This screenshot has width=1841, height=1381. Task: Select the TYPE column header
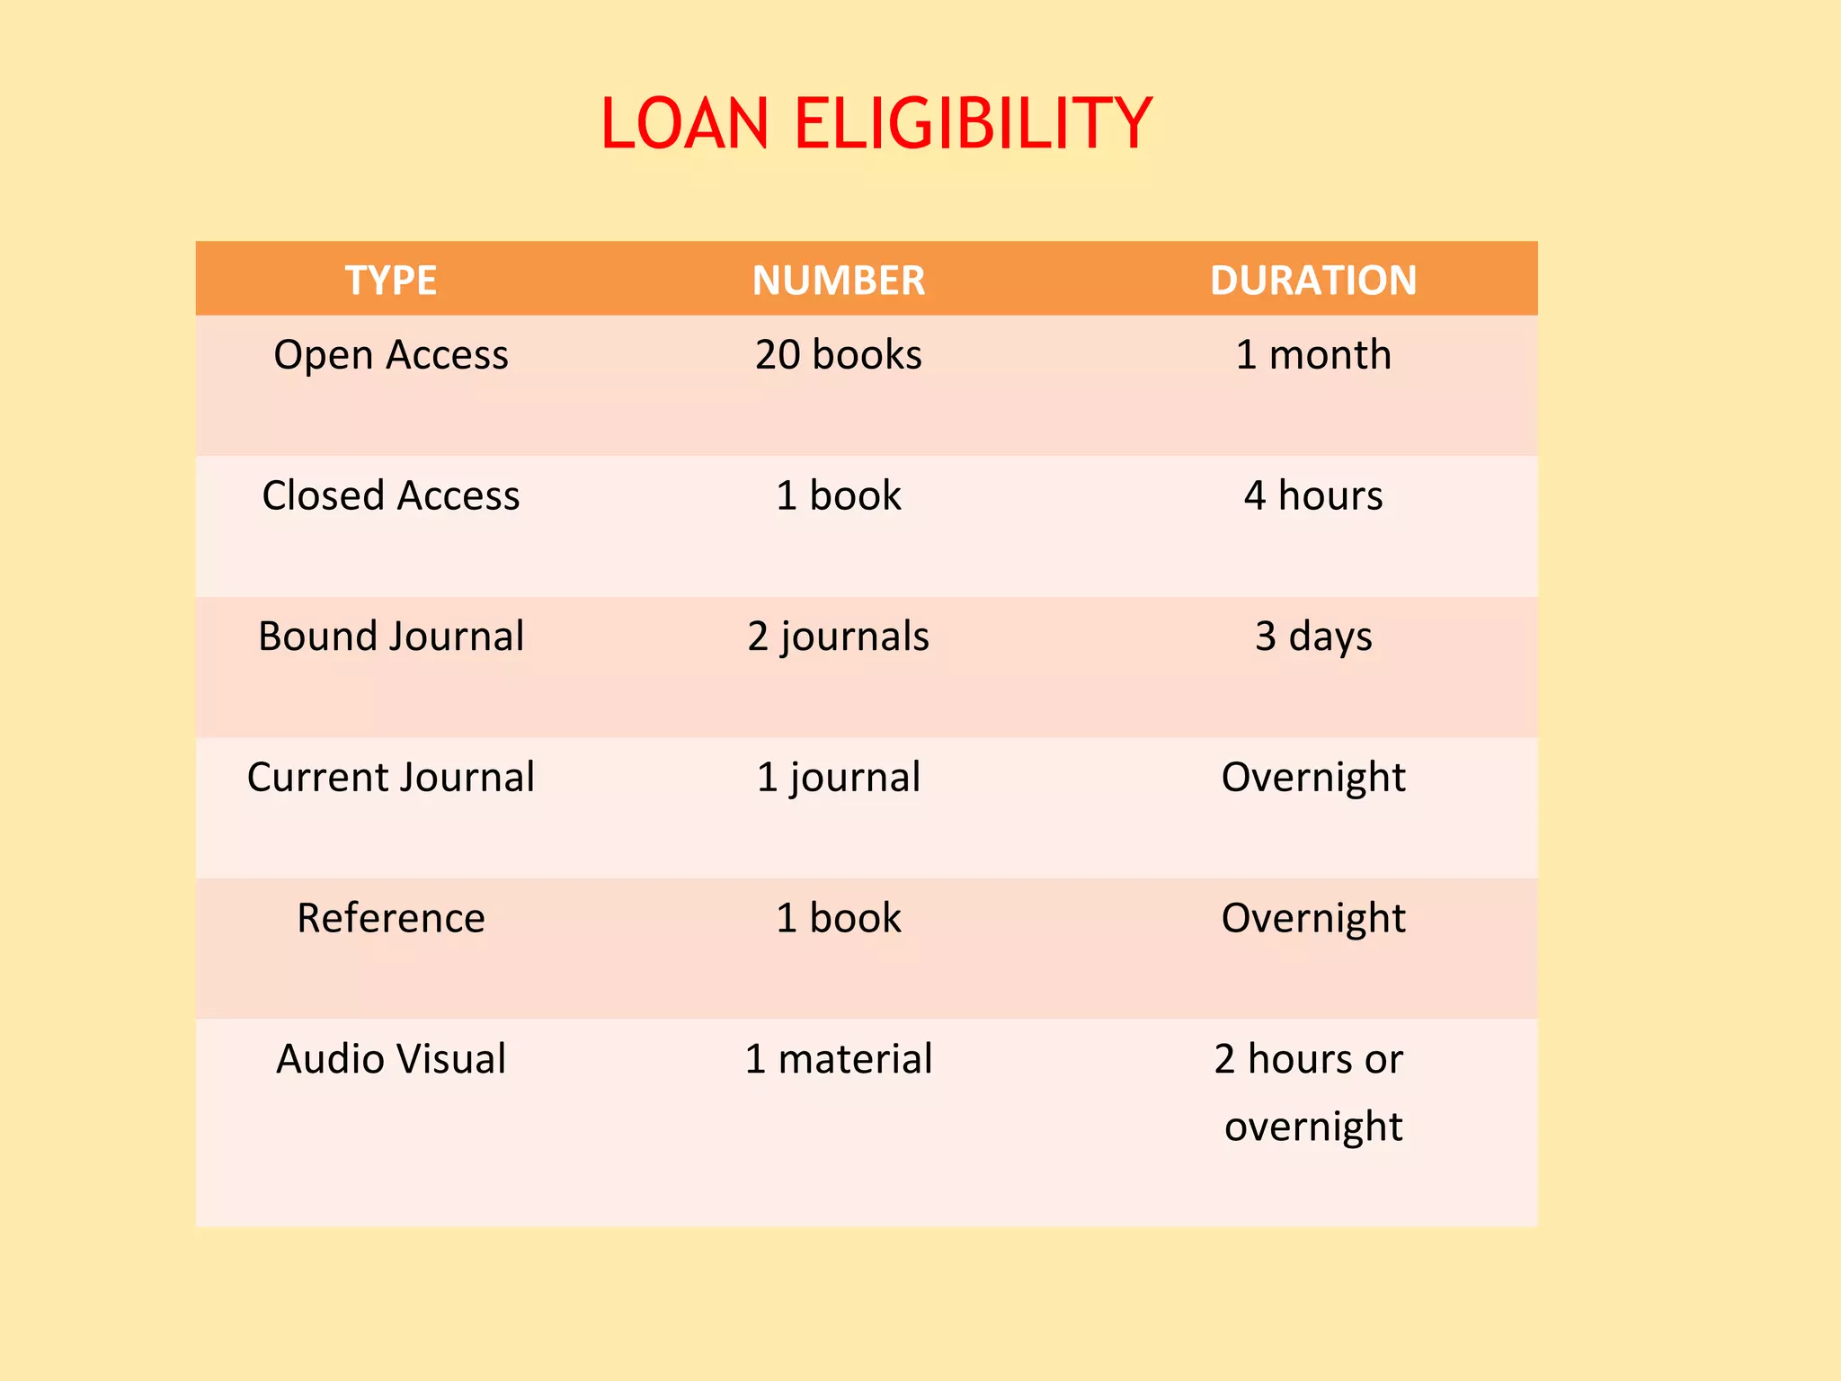pos(391,281)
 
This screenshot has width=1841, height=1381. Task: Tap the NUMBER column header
pos(839,281)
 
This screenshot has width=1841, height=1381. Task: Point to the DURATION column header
pos(1313,281)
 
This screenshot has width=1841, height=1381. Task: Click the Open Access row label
pos(391,355)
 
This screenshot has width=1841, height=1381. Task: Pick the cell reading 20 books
pos(839,355)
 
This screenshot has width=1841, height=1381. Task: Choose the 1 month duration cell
pos(1313,355)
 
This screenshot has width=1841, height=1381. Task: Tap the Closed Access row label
pos(391,496)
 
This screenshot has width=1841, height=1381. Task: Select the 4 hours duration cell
pos(1313,496)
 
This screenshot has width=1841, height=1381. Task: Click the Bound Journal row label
pos(391,637)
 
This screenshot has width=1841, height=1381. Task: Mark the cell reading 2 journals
pos(839,637)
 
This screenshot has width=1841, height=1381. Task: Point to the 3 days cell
pos(1313,637)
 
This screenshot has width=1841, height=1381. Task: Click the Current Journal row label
pos(391,778)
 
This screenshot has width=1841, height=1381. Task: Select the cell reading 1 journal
pos(839,778)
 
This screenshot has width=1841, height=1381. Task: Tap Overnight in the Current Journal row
pos(1313,778)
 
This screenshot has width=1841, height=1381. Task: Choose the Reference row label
pos(391,919)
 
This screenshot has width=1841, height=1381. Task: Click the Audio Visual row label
pos(391,1059)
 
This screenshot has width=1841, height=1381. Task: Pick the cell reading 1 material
pos(839,1059)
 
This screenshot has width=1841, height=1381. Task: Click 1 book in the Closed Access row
pos(839,496)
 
